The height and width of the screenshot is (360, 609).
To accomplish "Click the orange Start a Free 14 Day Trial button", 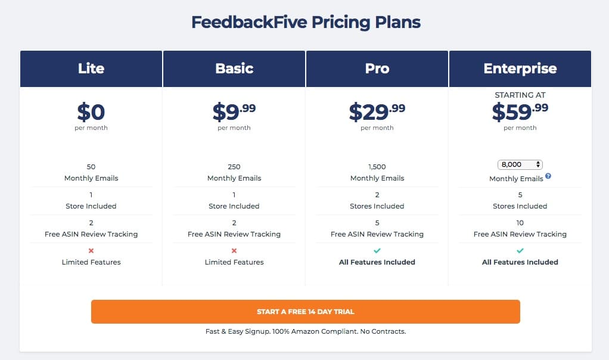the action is pos(305,312).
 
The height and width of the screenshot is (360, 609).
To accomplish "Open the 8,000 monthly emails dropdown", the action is pos(520,165).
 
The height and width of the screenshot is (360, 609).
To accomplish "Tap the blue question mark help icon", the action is pos(548,176).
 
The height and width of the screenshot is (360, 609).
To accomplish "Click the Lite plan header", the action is pos(91,69).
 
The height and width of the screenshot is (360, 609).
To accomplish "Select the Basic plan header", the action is pos(234,69).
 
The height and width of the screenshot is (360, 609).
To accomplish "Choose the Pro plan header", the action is pos(377,69).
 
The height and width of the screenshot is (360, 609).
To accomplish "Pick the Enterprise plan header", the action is pos(520,69).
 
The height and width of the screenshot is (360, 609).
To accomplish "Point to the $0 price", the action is pos(91,112).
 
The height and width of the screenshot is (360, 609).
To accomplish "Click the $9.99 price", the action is pos(234,112).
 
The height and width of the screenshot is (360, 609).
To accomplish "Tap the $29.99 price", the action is pos(377,112).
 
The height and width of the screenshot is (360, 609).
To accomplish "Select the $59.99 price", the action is pos(520,112).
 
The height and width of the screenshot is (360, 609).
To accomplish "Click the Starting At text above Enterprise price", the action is pos(520,95).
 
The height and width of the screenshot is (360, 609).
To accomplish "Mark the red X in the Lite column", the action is pos(91,250).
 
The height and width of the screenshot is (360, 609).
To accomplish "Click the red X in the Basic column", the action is pos(234,250).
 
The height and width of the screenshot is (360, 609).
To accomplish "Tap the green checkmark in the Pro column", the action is pos(377,250).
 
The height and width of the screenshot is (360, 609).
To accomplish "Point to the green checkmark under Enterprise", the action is pos(520,250).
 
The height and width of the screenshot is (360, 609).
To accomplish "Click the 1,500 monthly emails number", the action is pos(377,167).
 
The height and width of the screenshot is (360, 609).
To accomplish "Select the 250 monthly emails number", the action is pos(234,167).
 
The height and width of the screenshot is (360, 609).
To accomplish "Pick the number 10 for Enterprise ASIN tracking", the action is pos(520,223).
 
